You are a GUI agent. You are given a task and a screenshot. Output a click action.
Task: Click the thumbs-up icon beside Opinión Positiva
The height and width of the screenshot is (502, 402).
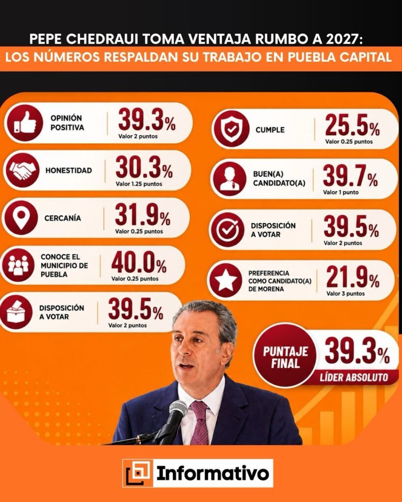[x=25, y=123]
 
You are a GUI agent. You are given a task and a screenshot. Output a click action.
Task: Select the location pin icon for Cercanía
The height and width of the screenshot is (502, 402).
[x=21, y=218]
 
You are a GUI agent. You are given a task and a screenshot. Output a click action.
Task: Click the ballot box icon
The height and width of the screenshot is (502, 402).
[x=16, y=312]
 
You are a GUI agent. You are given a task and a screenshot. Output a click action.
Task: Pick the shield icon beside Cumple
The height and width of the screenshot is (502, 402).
[x=231, y=129]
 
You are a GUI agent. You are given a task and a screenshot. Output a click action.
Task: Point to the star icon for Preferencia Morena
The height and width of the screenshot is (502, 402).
[x=226, y=280]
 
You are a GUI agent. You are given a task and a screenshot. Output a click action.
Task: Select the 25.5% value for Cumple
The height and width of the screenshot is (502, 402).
[x=352, y=125]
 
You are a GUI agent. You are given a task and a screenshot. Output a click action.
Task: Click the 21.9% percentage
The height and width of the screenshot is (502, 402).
[x=352, y=277]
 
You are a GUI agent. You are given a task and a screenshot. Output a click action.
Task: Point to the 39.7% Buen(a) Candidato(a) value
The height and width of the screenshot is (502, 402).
[x=350, y=176]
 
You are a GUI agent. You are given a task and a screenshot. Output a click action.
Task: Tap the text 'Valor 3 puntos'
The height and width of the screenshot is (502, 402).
[x=346, y=293]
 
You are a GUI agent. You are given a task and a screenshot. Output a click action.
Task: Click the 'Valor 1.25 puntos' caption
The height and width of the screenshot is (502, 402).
[x=139, y=184]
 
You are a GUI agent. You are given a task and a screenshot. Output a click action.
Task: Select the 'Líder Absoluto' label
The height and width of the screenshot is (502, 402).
[x=354, y=377]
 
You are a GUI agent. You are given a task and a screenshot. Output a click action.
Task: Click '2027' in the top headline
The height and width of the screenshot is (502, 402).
[x=344, y=39]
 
